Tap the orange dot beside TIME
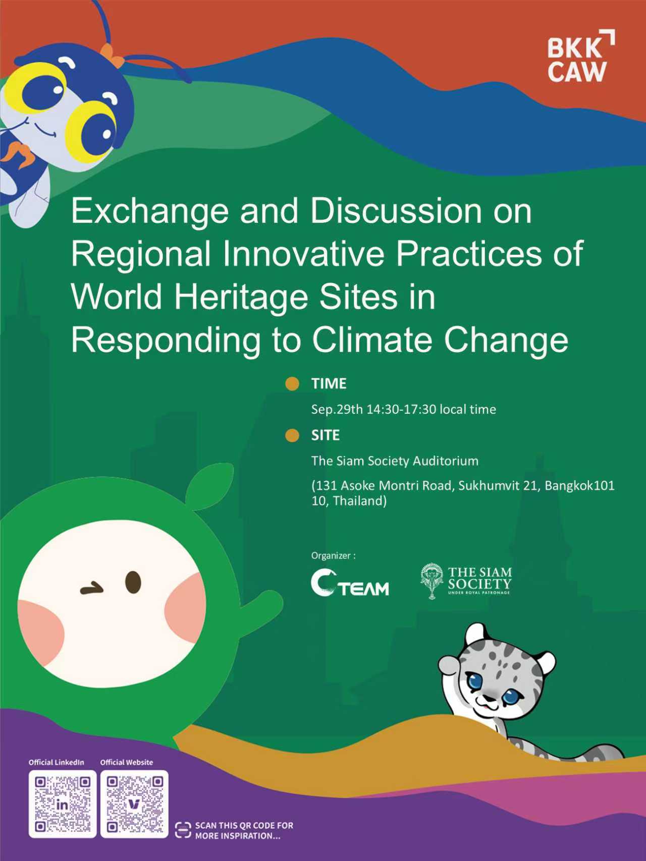point(292,384)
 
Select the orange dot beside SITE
point(292,435)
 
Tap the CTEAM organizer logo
point(350,583)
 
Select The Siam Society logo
point(466,581)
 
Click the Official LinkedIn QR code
point(63,804)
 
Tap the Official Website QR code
point(134,804)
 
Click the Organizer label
point(333,555)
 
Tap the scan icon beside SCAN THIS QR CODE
point(183,830)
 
